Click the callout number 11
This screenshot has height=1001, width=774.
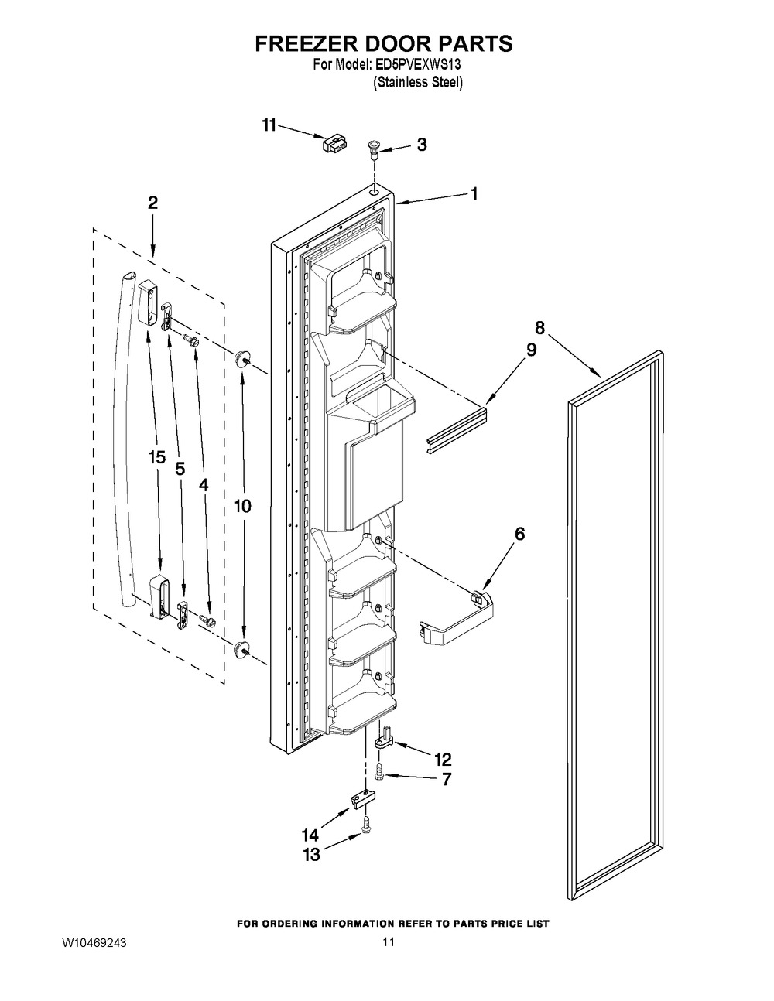(269, 125)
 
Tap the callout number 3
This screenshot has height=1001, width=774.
(422, 145)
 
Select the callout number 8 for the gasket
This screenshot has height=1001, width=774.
(539, 328)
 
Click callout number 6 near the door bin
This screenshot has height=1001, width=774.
(519, 534)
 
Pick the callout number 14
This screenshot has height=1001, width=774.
(310, 835)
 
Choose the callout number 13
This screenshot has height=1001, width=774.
(311, 855)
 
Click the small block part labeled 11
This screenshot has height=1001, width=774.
(335, 143)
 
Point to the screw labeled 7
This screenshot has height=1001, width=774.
(379, 771)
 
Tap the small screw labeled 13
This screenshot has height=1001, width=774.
(367, 824)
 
